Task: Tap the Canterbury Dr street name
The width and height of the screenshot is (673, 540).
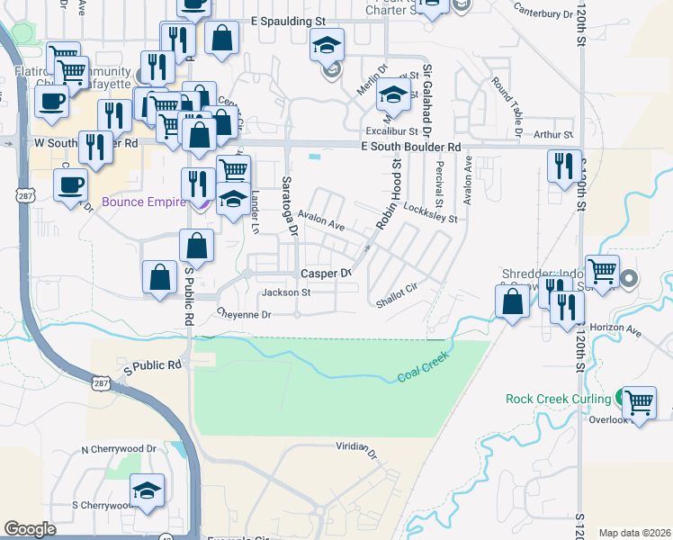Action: pos(543,12)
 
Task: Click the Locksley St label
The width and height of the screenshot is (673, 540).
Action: pos(430,211)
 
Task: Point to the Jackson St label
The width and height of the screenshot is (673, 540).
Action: pos(285,292)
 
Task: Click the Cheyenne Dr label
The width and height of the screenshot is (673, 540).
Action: pos(243,314)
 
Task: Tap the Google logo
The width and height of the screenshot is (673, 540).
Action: pos(30,529)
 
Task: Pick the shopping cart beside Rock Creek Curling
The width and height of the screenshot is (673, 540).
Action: pos(639,402)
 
